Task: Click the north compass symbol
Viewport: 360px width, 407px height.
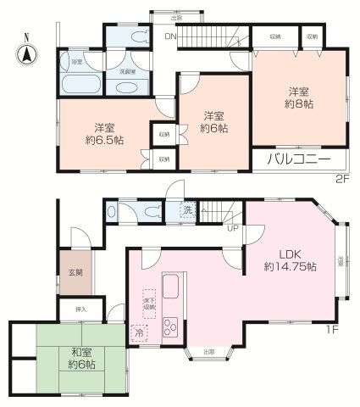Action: [26, 53]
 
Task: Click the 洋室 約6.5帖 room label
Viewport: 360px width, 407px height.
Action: [102, 134]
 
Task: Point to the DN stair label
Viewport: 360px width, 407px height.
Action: [169, 36]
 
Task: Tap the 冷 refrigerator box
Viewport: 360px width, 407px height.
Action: [138, 334]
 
